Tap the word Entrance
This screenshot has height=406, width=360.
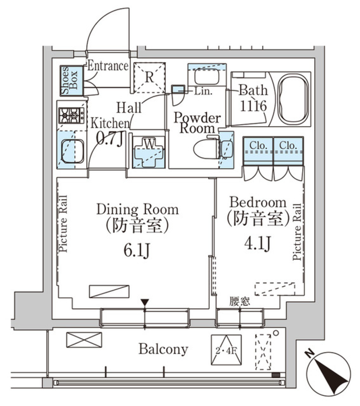pyautogui.click(x=108, y=67)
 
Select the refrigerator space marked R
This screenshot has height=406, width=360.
pyautogui.click(x=149, y=78)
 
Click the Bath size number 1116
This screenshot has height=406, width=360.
pyautogui.click(x=253, y=106)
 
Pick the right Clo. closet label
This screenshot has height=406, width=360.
pyautogui.click(x=288, y=145)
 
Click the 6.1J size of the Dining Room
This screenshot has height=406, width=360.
pyautogui.click(x=137, y=251)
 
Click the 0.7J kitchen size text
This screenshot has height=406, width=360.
pyautogui.click(x=109, y=138)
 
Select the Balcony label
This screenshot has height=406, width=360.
pyautogui.click(x=163, y=349)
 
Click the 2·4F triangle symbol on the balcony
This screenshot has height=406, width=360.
pyautogui.click(x=226, y=350)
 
